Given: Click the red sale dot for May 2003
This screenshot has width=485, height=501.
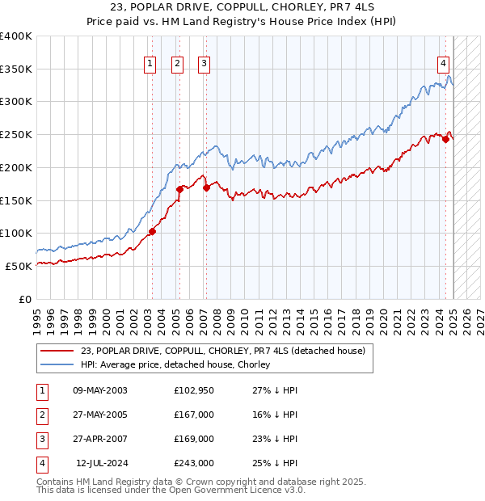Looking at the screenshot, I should [x=152, y=231].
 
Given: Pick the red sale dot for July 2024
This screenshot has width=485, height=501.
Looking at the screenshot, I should [x=445, y=139].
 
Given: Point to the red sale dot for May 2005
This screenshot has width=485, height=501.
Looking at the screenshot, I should [x=179, y=189].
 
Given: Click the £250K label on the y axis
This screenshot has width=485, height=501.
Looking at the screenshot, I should [x=16, y=134].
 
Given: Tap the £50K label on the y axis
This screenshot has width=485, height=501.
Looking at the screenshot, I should [x=19, y=266].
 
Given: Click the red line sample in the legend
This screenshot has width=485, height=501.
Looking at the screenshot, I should [x=57, y=351].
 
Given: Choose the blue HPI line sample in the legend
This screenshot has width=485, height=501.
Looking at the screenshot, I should [x=57, y=365].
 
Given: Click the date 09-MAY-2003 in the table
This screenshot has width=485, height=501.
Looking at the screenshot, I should [x=100, y=390].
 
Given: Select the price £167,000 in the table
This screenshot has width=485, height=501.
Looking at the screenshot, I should [x=194, y=415].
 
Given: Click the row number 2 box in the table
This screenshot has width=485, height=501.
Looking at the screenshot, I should [x=40, y=415].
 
